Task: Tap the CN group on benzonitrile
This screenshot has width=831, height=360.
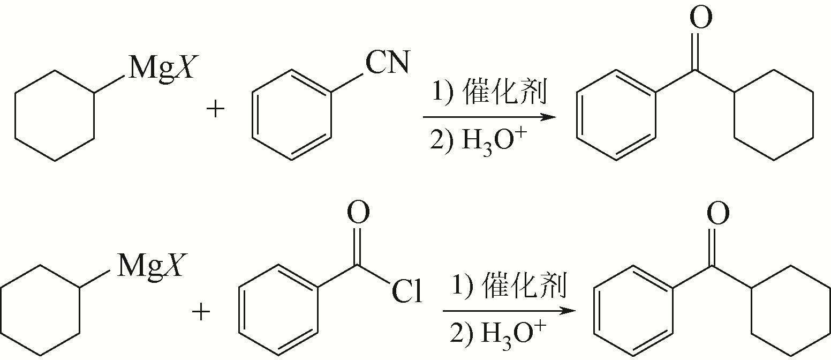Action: pyautogui.click(x=387, y=63)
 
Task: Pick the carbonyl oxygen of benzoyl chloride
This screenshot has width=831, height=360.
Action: pyautogui.click(x=358, y=213)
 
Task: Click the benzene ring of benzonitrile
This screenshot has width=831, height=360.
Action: pyautogui.click(x=292, y=115)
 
